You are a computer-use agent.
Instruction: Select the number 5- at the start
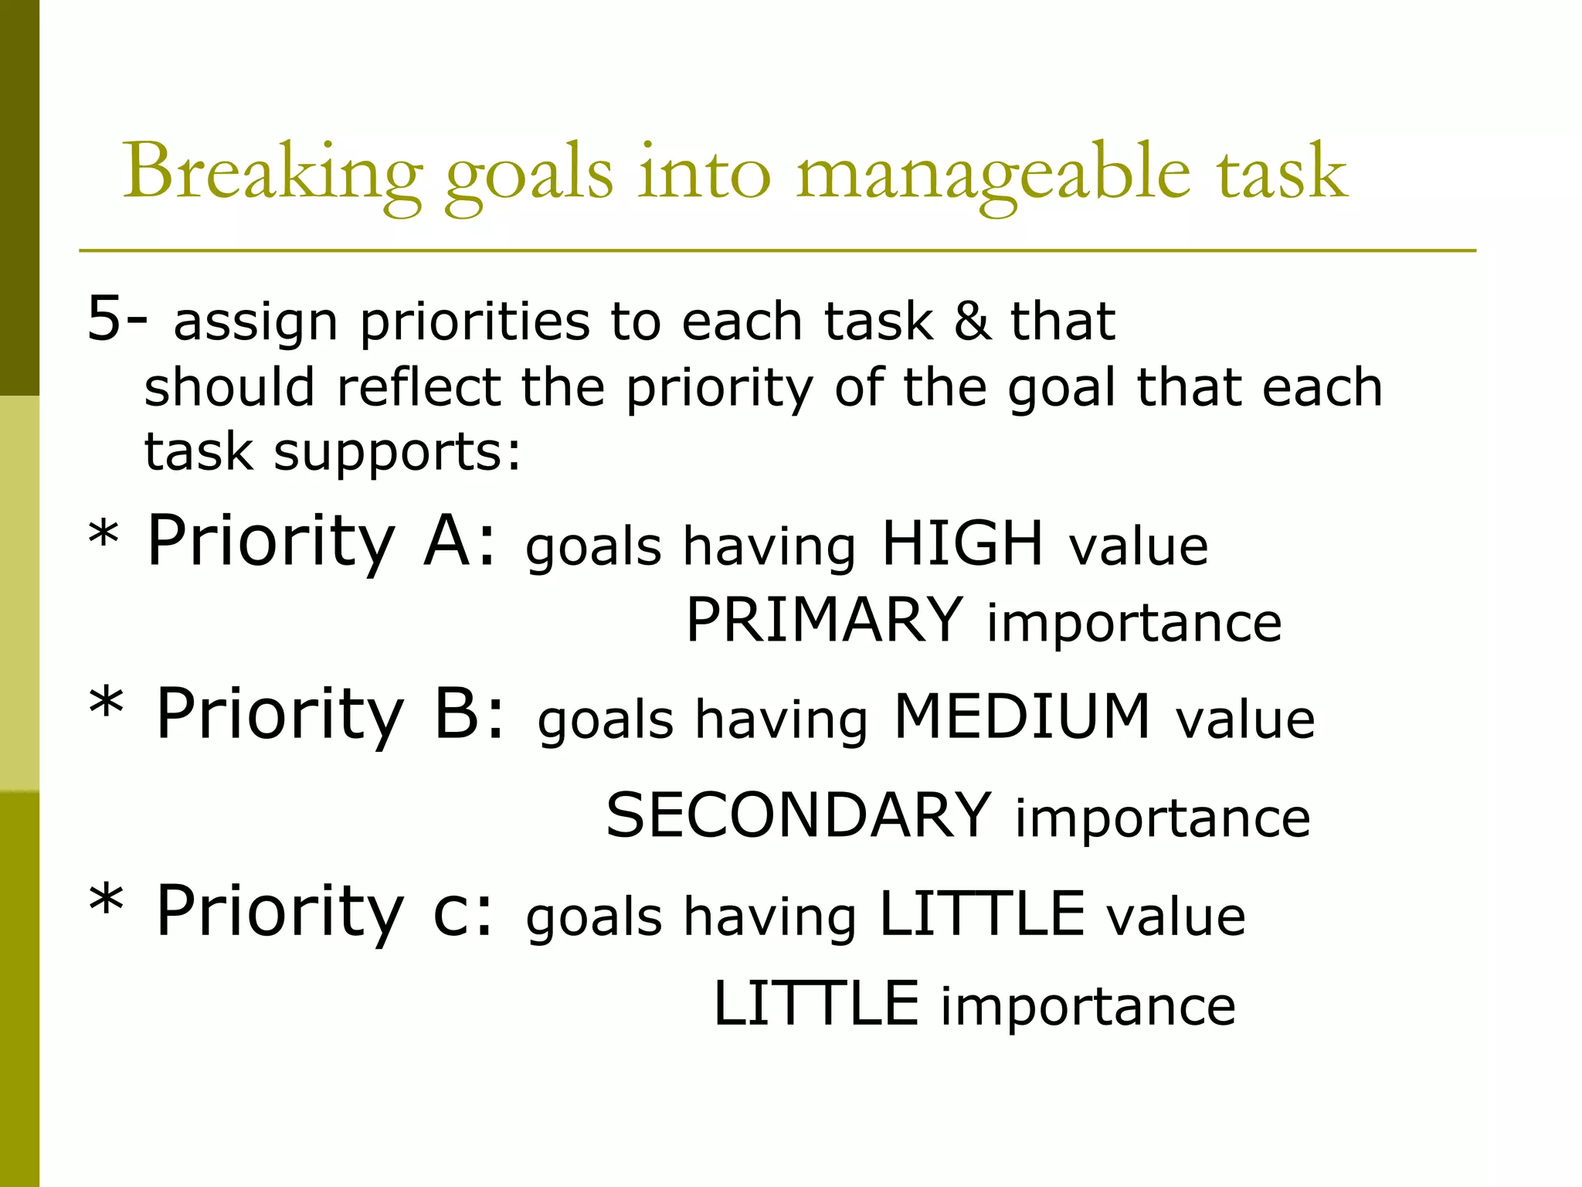click(x=116, y=318)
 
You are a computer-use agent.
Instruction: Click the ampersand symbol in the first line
click(x=972, y=321)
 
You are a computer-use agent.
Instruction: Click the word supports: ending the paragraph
click(x=398, y=451)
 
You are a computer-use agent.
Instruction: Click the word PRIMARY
click(x=824, y=620)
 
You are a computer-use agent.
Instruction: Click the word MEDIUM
click(x=1021, y=716)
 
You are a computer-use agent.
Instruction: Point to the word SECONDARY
click(x=798, y=815)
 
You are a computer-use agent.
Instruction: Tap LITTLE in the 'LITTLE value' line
click(x=982, y=913)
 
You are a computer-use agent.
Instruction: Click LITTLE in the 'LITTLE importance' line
click(x=816, y=1003)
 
